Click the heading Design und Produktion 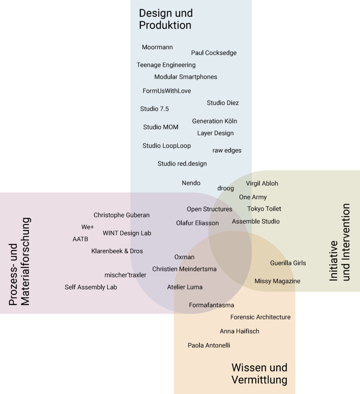[x=166, y=19]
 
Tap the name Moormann [x=157, y=47]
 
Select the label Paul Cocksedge [x=214, y=53]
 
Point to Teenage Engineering [x=166, y=65]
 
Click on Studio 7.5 [x=154, y=109]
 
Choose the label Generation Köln [x=214, y=121]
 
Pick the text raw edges [x=227, y=150]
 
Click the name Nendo [x=191, y=183]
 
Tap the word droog [x=226, y=188]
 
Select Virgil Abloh [x=262, y=184]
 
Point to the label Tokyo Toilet [x=264, y=209]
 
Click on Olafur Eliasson [x=198, y=223]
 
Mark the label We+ [x=87, y=227]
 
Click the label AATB [x=80, y=239]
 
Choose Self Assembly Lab [x=91, y=287]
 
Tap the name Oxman [x=184, y=257]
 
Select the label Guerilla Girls [x=288, y=263]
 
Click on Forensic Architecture [x=260, y=317]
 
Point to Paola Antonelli [x=209, y=345]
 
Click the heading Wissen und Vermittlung [x=259, y=374]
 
